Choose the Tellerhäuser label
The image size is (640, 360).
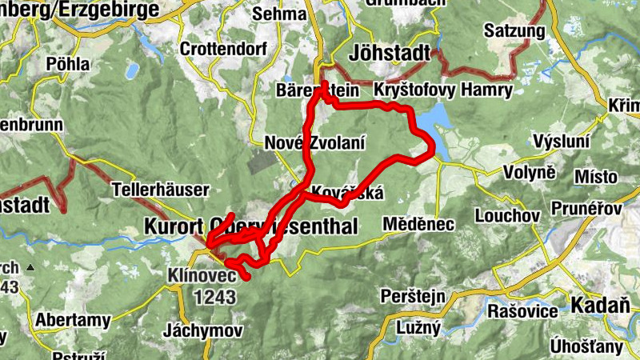click(161, 190)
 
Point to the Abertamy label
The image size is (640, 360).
click(72, 321)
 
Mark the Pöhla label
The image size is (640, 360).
click(68, 63)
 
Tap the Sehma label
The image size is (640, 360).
click(279, 14)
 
